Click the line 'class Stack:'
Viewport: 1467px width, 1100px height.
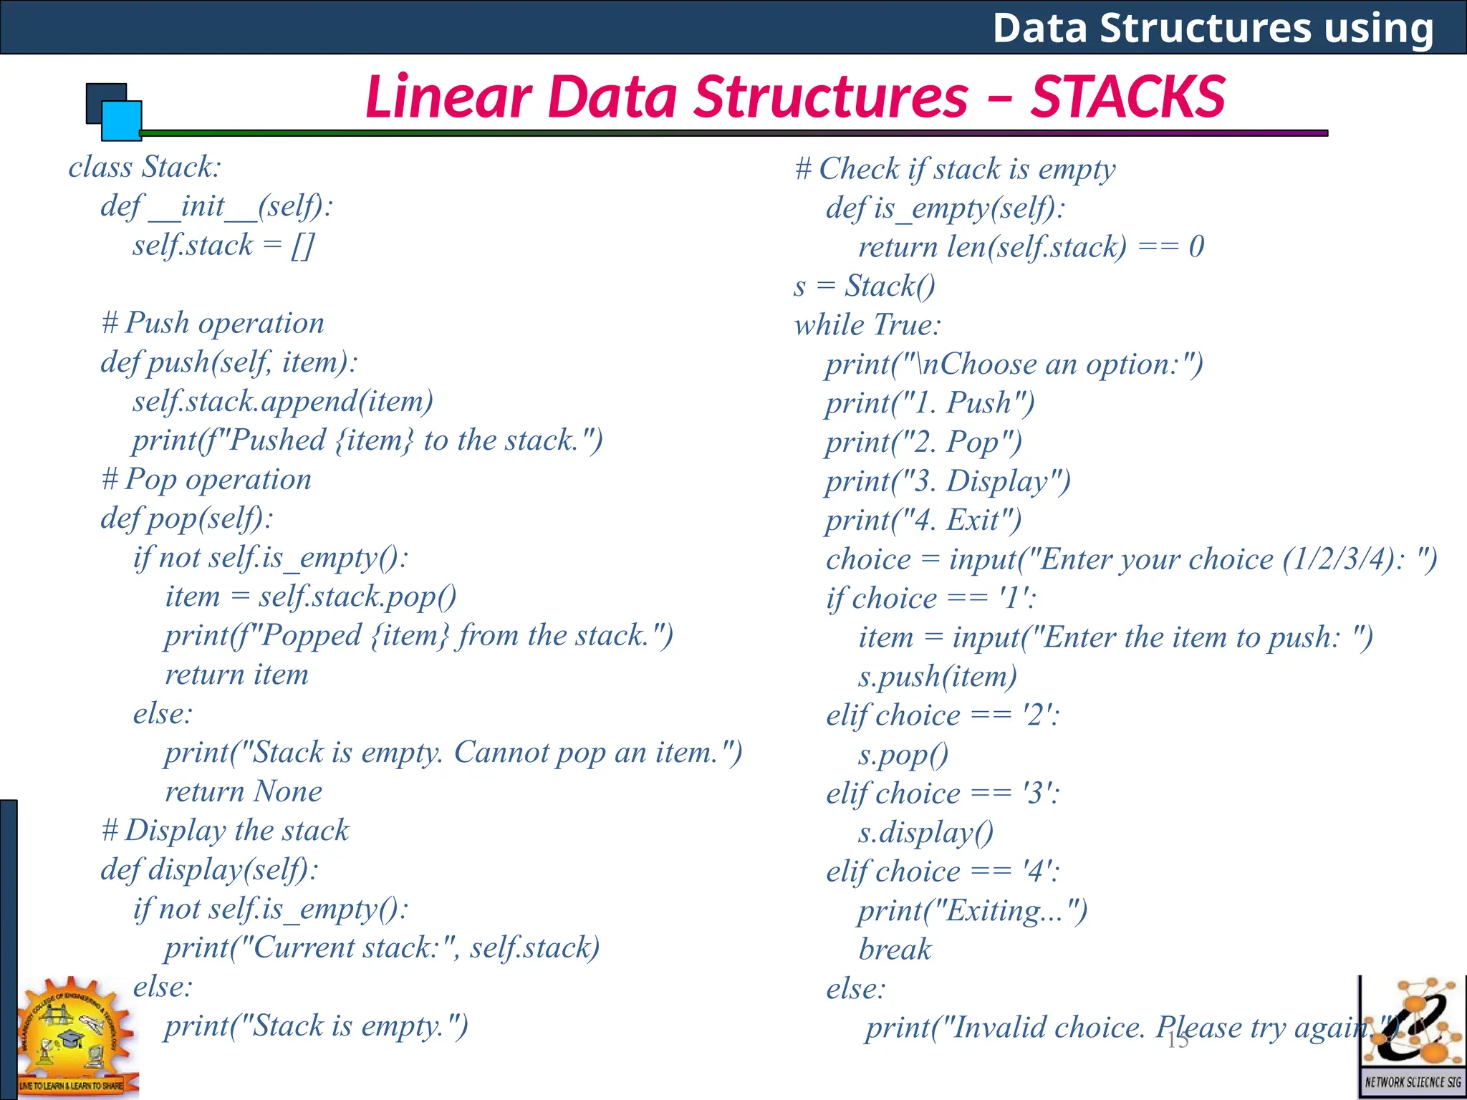(145, 168)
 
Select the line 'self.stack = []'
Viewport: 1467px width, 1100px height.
(223, 246)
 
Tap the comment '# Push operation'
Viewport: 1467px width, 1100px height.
(213, 323)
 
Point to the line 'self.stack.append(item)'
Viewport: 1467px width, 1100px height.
(283, 401)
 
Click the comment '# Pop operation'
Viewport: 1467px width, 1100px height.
(206, 479)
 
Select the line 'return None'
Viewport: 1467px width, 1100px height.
(244, 791)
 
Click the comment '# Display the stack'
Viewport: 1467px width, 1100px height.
(225, 831)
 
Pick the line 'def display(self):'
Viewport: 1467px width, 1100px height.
(209, 870)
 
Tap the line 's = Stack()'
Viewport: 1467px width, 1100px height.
(865, 286)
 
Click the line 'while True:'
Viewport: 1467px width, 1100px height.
(867, 325)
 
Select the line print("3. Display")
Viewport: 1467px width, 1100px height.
(948, 481)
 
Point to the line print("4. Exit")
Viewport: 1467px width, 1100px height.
(923, 521)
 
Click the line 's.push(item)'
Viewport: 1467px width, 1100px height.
(938, 677)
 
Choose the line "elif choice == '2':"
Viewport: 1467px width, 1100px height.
(943, 715)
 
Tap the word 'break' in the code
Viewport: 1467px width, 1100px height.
(895, 950)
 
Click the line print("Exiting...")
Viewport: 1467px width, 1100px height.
(973, 911)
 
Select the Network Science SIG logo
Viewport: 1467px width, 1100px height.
(1412, 1035)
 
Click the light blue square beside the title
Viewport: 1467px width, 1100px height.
(121, 120)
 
